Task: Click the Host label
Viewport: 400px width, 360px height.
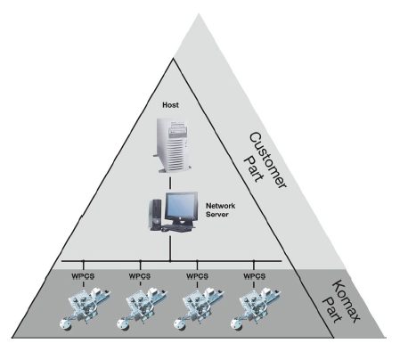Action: tap(170, 105)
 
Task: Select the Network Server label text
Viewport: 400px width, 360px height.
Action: tap(220, 209)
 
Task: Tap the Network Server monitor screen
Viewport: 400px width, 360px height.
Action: tap(181, 205)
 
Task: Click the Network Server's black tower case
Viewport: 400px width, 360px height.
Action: tap(156, 214)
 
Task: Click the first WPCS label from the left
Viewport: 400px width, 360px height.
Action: tap(83, 276)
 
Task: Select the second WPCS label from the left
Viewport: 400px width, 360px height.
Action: tap(140, 276)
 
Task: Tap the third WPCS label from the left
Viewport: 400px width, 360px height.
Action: tap(197, 276)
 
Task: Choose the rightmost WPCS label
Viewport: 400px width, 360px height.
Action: tap(254, 276)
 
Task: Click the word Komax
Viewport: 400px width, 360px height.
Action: tap(347, 300)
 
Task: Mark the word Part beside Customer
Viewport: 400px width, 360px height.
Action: tap(254, 168)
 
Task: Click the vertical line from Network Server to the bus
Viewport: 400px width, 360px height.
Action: tap(170, 247)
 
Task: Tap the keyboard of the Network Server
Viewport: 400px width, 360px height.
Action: tap(176, 228)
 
